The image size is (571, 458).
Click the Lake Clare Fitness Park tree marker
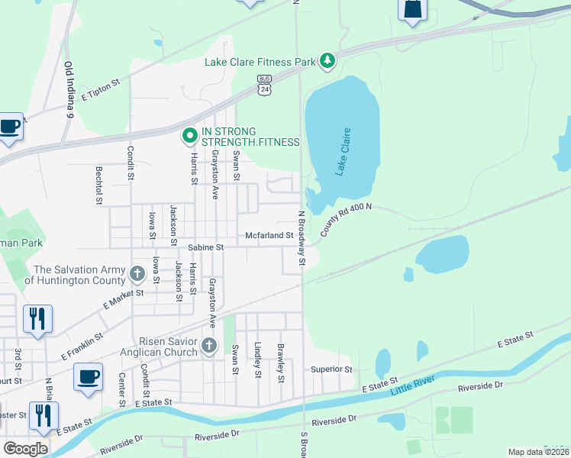[x=327, y=60]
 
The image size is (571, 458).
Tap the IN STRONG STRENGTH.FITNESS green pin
[x=189, y=137]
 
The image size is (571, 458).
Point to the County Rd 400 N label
[x=346, y=219]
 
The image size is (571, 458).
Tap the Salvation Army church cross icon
[x=137, y=273]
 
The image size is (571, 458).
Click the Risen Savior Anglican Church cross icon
[x=208, y=347]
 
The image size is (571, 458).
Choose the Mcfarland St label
[x=269, y=236]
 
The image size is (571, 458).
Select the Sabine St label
[x=206, y=247]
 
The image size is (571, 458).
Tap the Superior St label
[x=331, y=369]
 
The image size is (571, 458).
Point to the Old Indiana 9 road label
[x=68, y=89]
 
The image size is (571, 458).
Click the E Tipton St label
[x=101, y=88]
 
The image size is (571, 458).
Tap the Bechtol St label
[x=98, y=185]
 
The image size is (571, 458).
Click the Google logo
[x=25, y=448]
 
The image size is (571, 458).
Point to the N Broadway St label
[x=302, y=238]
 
